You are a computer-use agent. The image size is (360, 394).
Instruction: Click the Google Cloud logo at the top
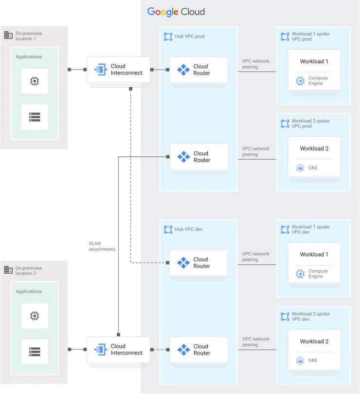tap(176, 12)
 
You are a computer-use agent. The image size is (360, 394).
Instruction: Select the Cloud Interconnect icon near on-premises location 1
tap(101, 70)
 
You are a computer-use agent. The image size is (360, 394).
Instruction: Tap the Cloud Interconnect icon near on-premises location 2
tap(101, 349)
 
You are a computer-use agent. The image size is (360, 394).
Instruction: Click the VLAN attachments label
tap(102, 246)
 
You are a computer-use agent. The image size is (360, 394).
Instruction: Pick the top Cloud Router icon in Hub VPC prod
tap(183, 70)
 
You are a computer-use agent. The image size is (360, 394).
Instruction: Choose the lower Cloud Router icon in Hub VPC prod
tap(183, 157)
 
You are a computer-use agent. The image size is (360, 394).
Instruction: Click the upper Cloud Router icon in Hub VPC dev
tap(183, 263)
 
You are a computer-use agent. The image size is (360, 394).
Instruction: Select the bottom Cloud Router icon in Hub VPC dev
tap(183, 350)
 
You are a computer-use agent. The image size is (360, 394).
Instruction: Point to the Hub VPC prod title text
tap(189, 37)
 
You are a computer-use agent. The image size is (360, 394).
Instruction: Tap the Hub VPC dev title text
tap(188, 229)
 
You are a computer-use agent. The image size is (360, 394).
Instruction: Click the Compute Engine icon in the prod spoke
tap(300, 81)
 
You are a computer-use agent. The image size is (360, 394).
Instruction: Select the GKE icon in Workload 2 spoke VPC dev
tap(300, 361)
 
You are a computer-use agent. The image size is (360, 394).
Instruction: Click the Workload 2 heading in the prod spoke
tap(314, 149)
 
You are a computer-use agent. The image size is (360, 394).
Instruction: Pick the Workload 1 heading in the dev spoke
tap(314, 254)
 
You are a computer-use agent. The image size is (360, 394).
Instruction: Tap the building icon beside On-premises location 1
tap(8, 35)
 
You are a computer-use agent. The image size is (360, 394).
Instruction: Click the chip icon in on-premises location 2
tap(35, 316)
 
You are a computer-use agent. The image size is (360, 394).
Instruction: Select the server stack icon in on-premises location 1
tap(35, 117)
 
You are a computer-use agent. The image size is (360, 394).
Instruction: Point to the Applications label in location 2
tap(29, 291)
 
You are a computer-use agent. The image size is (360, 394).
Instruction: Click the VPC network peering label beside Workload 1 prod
tap(255, 64)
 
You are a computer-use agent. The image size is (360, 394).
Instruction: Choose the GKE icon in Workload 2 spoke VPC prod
tap(300, 168)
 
